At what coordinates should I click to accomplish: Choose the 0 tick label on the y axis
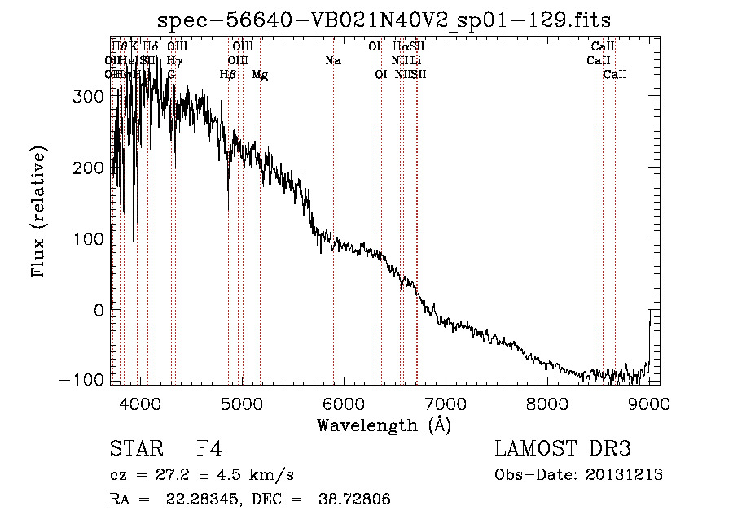point(99,310)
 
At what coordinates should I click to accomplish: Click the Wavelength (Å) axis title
point(384,425)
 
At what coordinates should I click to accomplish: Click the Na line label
point(332,61)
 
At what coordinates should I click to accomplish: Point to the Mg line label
point(260,75)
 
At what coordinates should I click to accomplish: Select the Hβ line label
point(228,75)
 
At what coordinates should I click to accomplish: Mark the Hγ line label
point(174,61)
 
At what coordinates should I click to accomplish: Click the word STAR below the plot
point(134,449)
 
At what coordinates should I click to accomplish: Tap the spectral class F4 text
point(209,449)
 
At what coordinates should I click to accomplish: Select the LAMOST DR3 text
point(562,449)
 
